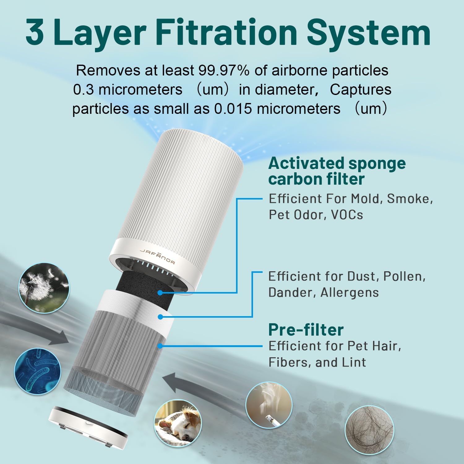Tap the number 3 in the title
point(35,32)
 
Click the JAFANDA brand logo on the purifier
point(157,256)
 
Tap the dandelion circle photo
point(44,288)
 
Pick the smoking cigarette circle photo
point(269,405)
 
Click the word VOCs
point(347,215)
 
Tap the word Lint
point(354,362)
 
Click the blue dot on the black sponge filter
point(160,293)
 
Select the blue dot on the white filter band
point(160,317)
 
